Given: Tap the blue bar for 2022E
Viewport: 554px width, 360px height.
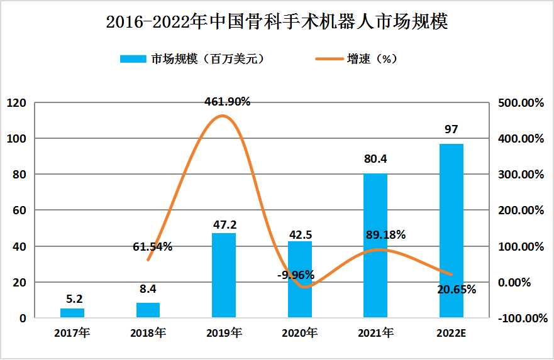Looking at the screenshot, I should (x=451, y=231).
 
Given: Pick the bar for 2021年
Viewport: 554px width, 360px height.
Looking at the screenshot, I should (x=375, y=246).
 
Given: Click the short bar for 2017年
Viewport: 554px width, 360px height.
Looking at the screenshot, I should (x=72, y=313).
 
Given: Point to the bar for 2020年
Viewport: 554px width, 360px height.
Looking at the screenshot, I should (x=300, y=280).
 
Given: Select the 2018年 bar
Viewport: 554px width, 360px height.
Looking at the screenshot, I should (x=148, y=310).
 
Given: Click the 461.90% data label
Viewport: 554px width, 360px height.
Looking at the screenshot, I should (x=227, y=101).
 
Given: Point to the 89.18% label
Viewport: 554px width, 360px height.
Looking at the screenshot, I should (x=385, y=235).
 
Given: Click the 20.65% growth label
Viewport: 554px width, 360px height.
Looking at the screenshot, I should (x=455, y=290).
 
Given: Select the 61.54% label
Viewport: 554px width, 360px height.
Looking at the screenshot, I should (x=152, y=247).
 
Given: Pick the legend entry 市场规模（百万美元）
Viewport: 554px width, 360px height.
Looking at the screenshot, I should (x=192, y=58).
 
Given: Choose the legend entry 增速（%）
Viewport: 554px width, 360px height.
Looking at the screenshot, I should (x=357, y=58).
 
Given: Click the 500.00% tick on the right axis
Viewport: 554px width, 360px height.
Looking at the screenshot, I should (x=519, y=102).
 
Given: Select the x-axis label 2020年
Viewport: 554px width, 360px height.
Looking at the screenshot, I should (x=300, y=332).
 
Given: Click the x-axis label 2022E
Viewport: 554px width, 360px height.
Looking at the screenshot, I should (x=451, y=332).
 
